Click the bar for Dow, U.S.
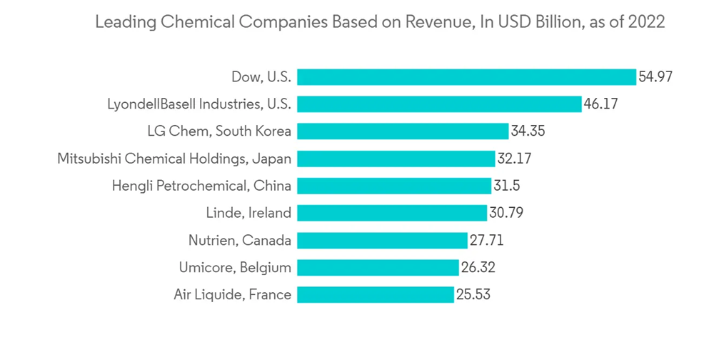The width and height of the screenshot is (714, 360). coord(466,77)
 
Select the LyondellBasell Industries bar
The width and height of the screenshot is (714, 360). coord(439,104)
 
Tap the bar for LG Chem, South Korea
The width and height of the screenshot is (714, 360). coord(403,131)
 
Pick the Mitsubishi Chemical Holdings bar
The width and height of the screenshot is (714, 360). coord(396,159)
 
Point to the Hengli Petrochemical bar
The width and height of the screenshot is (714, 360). coord(394,186)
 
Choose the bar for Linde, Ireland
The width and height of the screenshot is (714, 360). coord(392,213)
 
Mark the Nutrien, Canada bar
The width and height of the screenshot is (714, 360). coord(382,240)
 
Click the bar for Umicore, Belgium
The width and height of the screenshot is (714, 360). coord(378,267)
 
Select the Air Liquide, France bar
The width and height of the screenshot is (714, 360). coord(376,294)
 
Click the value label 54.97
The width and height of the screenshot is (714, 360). coord(655,77)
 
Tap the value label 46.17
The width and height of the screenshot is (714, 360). coord(600,104)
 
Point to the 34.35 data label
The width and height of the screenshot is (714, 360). coord(528,131)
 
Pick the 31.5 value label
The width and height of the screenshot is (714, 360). coord(506,186)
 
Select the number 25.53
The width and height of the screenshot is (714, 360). coord(473,294)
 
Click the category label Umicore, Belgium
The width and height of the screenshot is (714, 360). coord(235,268)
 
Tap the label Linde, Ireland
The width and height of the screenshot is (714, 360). coord(248,213)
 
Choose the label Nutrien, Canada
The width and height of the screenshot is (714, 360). coord(240,240)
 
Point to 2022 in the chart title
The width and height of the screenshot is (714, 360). coord(647,22)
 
